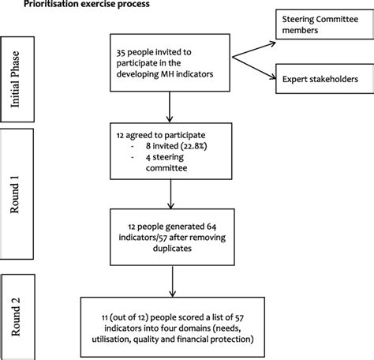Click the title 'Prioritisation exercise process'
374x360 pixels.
click(64, 5)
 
